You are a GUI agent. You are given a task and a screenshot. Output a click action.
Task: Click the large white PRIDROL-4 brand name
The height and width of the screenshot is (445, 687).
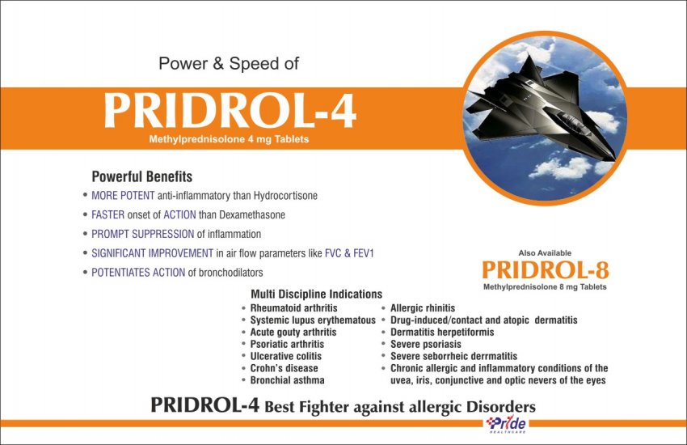coord(230,111)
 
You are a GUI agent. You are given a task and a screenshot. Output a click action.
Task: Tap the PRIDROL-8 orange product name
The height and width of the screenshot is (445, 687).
coord(546,270)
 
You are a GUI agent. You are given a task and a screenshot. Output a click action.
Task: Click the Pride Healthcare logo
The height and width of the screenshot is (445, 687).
coord(507,425)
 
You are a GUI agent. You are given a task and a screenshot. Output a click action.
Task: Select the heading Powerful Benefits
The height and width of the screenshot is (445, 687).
coord(142,176)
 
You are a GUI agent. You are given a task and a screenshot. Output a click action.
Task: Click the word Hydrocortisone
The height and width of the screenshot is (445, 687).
coord(285,196)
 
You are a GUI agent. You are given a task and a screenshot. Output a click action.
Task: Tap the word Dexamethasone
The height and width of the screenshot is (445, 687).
coord(252,215)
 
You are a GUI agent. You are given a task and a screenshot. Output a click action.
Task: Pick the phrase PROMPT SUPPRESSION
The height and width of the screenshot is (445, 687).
coord(142,234)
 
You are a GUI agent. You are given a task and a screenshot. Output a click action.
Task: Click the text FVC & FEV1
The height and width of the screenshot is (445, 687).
coord(349,253)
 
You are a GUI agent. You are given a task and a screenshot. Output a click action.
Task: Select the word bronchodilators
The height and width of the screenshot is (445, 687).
coord(231,273)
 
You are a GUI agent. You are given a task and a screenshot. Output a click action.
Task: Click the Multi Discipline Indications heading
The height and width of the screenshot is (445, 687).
coord(316,295)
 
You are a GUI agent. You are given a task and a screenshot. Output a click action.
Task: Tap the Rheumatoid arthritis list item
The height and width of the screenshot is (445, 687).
coord(293,308)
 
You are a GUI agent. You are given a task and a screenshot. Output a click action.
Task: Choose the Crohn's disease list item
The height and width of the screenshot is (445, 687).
coord(284,368)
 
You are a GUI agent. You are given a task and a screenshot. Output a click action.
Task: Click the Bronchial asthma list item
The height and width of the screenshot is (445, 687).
coord(288,380)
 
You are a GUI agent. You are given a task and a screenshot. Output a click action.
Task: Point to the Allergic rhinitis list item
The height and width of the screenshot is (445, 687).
coord(423,308)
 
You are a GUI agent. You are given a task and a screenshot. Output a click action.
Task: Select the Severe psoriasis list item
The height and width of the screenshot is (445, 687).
coord(426,344)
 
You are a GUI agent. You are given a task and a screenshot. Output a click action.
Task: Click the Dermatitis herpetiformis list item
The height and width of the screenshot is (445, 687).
coord(442,333)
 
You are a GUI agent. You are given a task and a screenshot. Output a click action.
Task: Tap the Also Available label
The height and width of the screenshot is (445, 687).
coord(545,253)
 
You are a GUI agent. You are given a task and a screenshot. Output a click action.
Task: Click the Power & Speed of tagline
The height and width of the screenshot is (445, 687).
coord(229,64)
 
